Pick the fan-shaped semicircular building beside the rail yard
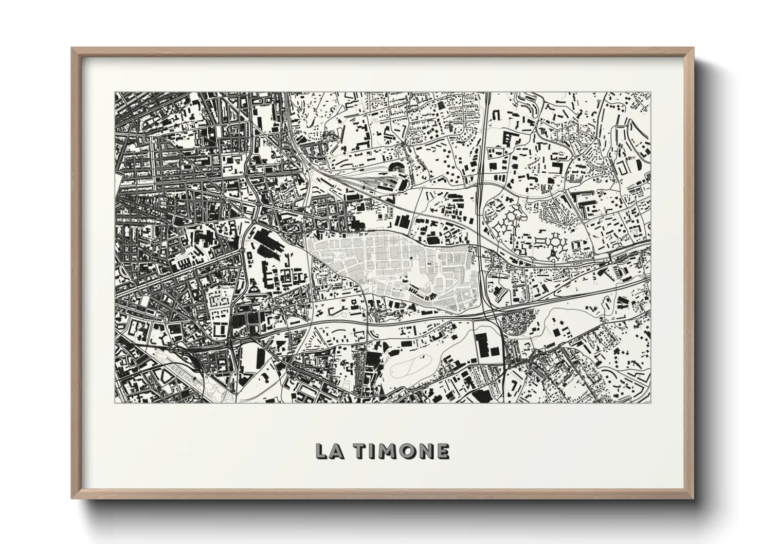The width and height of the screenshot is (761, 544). click(397, 167)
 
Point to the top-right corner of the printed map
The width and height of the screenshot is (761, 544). click(650, 93)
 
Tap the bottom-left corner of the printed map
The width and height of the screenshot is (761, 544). click(115, 403)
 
